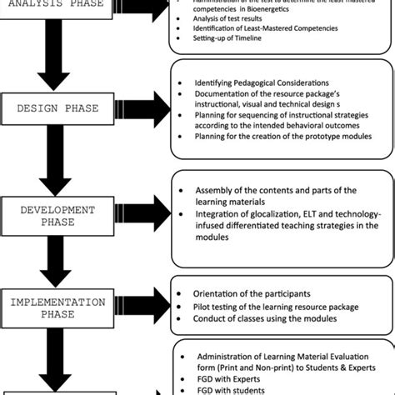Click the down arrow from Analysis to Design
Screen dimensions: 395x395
pos(52,63)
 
